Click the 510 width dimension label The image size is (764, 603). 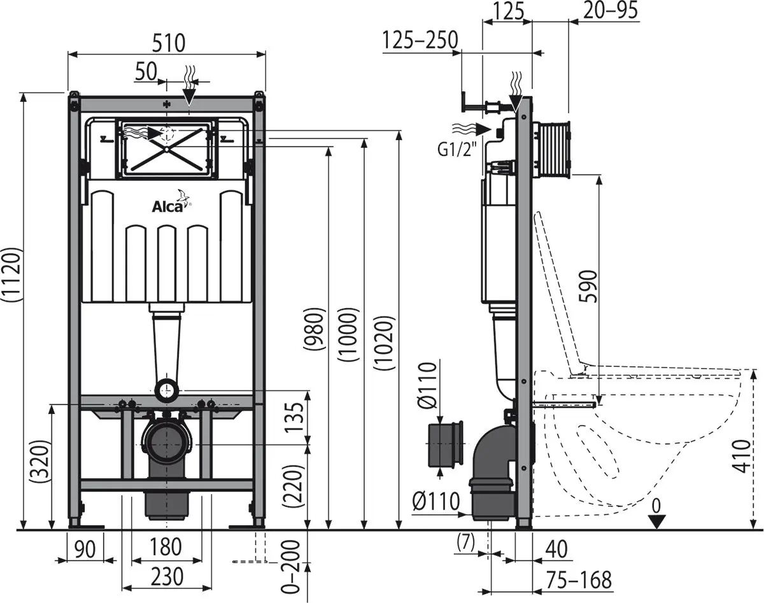pos(167,43)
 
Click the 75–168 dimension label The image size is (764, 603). pos(577,579)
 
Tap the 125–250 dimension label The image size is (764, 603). pos(420,40)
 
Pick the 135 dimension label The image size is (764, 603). pos(294,416)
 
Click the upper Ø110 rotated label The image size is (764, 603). pos(428,385)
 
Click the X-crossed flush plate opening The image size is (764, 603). pos(166,148)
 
